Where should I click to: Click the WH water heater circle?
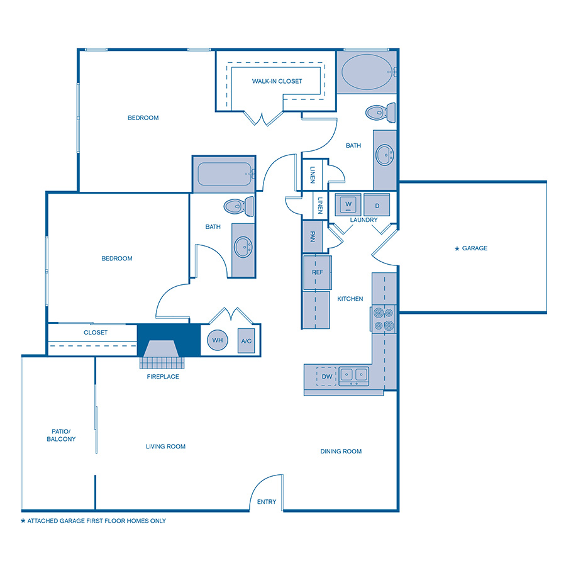tap(218, 340)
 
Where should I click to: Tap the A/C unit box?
tap(246, 341)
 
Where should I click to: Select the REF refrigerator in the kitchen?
tap(318, 272)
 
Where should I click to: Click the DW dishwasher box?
tap(327, 376)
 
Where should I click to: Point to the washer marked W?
tap(347, 204)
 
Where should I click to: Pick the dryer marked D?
tap(377, 205)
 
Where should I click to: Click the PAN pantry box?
tap(312, 236)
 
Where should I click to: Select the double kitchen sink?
tap(353, 375)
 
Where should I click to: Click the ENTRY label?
tap(267, 502)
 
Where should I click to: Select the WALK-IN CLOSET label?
tap(277, 81)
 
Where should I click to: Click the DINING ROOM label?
tap(341, 451)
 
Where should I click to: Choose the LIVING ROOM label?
tap(165, 447)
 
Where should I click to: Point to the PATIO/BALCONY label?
tap(61, 435)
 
